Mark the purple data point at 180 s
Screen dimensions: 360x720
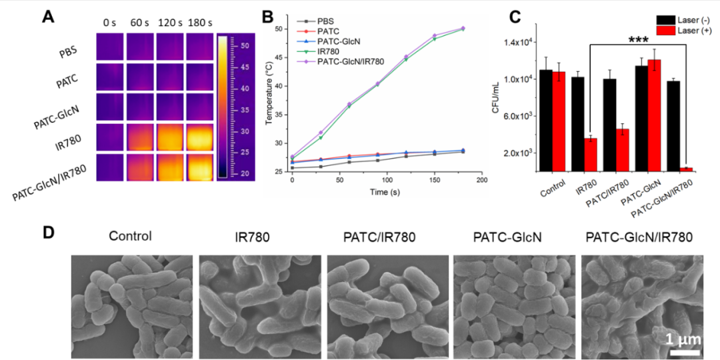(462, 28)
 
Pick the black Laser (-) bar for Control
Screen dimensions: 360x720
(547, 121)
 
